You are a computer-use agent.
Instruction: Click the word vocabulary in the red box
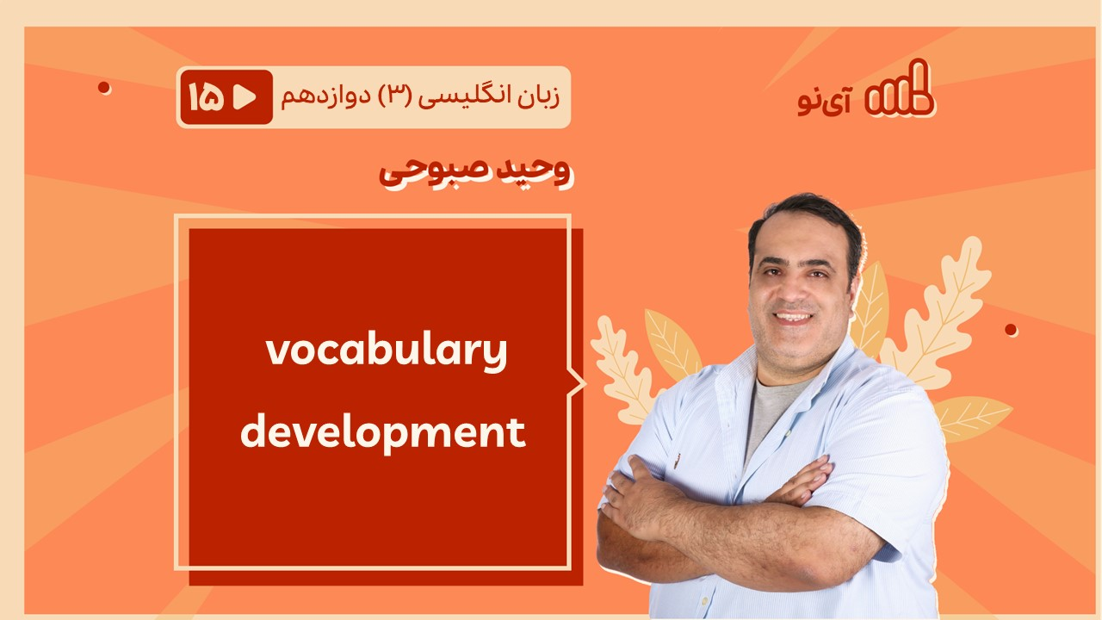(x=387, y=353)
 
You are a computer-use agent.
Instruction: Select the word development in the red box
(x=383, y=433)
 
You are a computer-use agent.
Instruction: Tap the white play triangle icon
(x=245, y=97)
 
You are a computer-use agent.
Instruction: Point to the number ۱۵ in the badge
(x=206, y=97)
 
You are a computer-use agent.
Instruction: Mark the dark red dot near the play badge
(x=104, y=88)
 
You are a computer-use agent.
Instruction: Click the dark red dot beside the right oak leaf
(x=1011, y=330)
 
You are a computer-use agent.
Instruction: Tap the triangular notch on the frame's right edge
(x=578, y=383)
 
